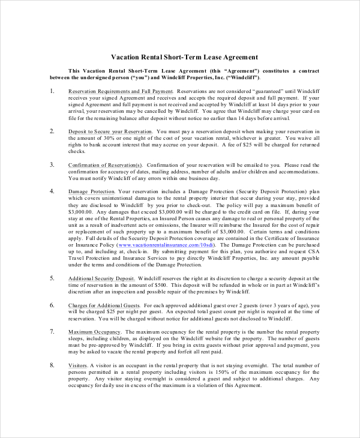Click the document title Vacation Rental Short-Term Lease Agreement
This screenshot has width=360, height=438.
(x=185, y=57)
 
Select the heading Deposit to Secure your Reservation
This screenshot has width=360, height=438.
(x=110, y=131)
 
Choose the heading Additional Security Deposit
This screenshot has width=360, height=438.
(x=101, y=279)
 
